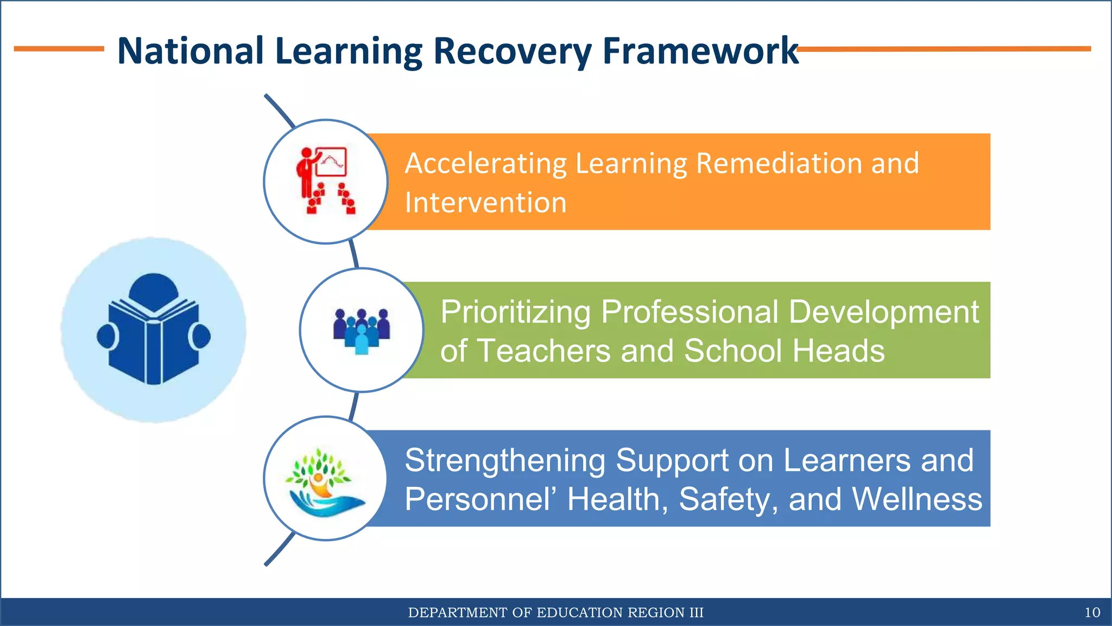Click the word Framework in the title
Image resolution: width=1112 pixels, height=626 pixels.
(700, 51)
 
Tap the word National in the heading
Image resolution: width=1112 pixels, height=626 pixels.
(191, 51)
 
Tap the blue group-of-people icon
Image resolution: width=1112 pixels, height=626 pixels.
(362, 330)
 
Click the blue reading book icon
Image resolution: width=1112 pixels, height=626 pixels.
(154, 330)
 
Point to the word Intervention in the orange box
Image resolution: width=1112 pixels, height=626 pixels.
(486, 203)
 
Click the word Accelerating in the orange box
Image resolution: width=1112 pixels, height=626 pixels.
(486, 163)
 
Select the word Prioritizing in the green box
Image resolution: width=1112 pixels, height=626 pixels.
(515, 312)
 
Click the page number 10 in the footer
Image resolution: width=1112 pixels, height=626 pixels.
(1092, 612)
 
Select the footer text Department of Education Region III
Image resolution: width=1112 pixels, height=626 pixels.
(555, 612)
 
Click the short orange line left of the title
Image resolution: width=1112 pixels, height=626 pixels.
(59, 49)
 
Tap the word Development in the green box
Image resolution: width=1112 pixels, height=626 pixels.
(883, 312)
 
